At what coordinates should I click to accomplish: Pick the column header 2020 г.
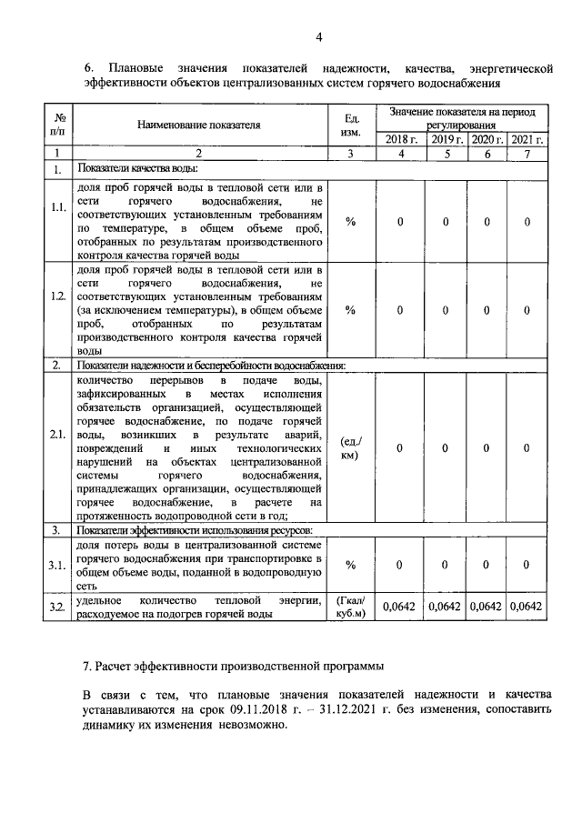click(x=487, y=139)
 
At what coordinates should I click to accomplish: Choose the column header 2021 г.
click(x=527, y=139)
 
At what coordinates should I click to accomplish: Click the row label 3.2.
click(x=58, y=607)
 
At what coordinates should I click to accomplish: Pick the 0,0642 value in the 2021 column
click(x=527, y=607)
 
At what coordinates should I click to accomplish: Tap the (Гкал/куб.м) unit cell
click(x=354, y=607)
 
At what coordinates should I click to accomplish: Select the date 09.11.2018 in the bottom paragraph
click(x=272, y=711)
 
